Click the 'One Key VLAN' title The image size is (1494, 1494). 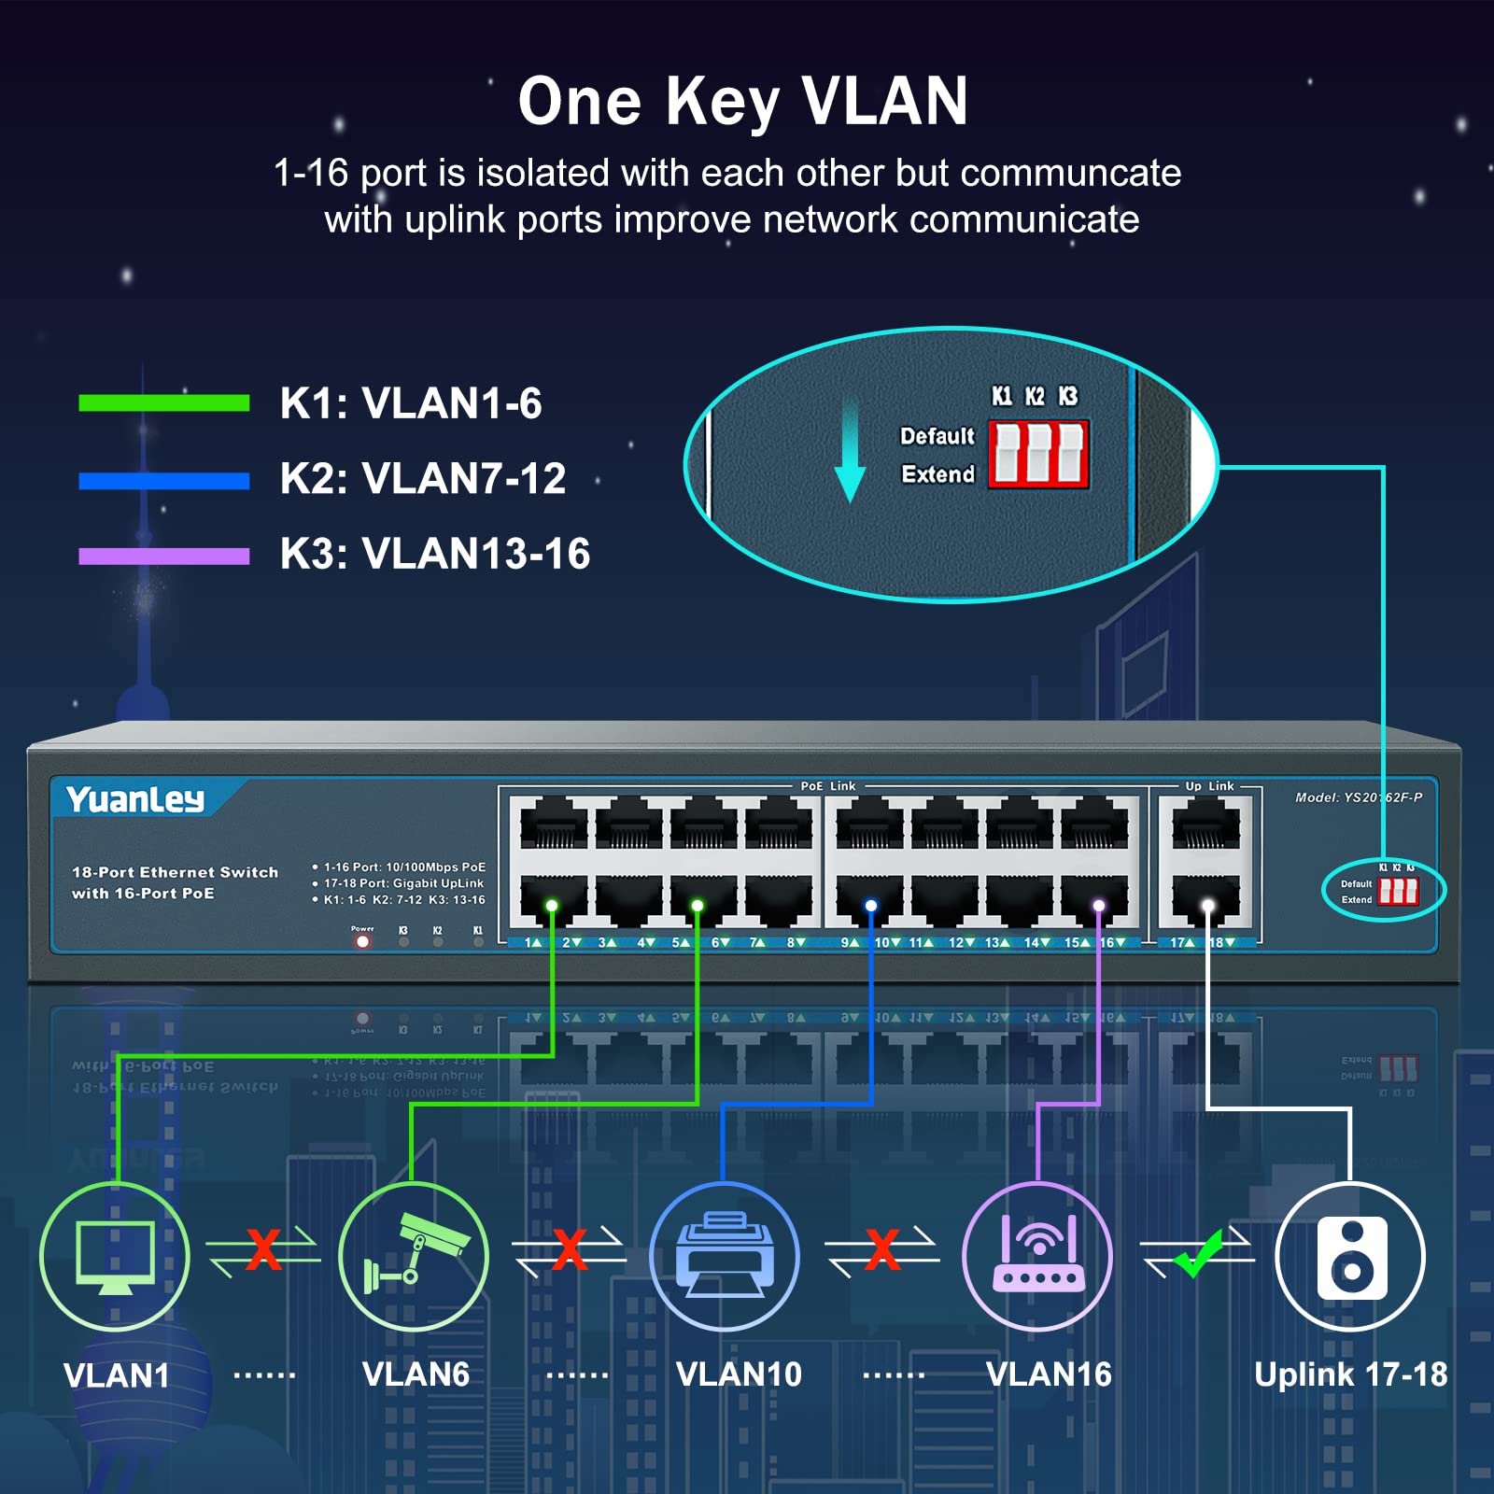[x=743, y=101]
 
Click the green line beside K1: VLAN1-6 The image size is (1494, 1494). [x=164, y=402]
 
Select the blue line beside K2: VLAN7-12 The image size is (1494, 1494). [x=164, y=481]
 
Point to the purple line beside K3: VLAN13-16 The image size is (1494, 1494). [x=164, y=557]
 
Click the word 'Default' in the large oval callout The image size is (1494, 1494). [x=937, y=436]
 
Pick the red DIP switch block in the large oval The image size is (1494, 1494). [x=1038, y=454]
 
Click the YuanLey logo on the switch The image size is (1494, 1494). [x=135, y=799]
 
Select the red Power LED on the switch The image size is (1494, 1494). [x=362, y=941]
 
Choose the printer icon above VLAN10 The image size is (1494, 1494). [x=725, y=1257]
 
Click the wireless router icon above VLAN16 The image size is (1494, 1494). [x=1037, y=1257]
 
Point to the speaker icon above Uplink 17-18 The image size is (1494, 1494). [x=1350, y=1257]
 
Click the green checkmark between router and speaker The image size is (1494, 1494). [x=1199, y=1253]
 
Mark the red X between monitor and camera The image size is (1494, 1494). [x=263, y=1249]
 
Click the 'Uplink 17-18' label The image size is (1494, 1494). [x=1350, y=1374]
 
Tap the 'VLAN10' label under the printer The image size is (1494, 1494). [x=739, y=1374]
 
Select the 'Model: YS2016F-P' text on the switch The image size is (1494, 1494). [x=1358, y=797]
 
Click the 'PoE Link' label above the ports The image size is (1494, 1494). [x=827, y=786]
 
